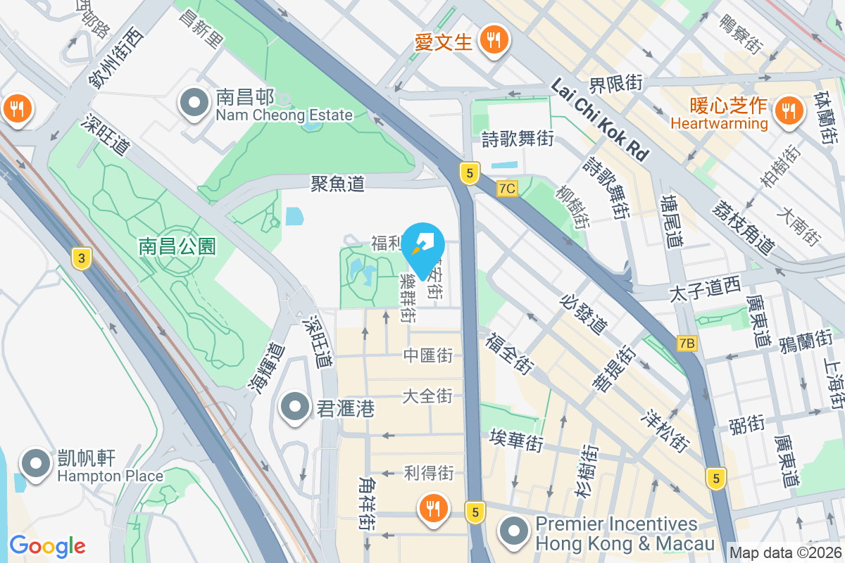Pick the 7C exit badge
[x=507, y=189]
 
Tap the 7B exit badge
[x=687, y=343]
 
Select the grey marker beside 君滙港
[x=295, y=407]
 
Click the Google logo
[x=47, y=545]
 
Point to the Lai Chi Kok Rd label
[x=599, y=120]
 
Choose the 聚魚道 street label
[x=338, y=184]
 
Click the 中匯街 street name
[x=427, y=356]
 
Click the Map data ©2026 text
[x=785, y=552]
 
